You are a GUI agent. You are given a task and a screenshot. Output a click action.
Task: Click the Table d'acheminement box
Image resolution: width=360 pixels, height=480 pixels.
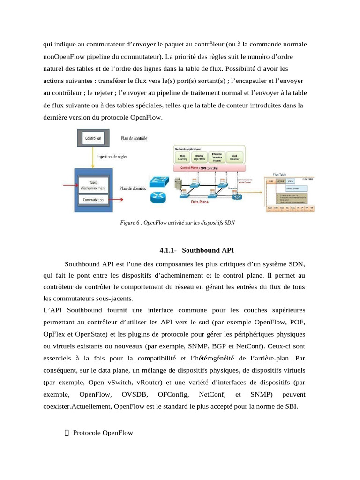[94, 185]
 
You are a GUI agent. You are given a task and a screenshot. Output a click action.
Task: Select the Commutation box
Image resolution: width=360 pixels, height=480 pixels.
[93, 200]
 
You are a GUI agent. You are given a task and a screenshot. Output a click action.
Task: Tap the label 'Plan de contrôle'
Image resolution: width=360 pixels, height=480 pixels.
[134, 138]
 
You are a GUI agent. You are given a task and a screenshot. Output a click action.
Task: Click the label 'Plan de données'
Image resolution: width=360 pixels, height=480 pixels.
[133, 188]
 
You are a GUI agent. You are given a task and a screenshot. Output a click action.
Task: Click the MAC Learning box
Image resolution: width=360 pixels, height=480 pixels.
[182, 157]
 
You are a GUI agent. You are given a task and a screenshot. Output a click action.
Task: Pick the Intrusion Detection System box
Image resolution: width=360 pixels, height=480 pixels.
[217, 157]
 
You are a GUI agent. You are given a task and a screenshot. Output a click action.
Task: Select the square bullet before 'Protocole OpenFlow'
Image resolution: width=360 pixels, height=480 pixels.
[66, 433]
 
